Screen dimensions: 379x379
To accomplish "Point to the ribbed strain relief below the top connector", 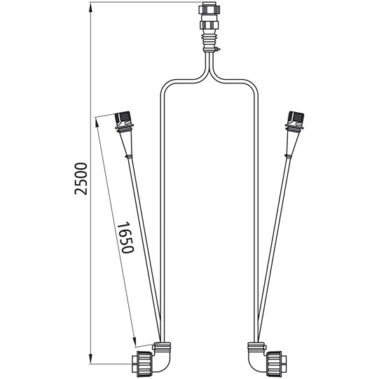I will (209, 44).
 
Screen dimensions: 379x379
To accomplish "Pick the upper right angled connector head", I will (292, 120).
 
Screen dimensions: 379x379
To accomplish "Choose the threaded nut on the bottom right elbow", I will (275, 364).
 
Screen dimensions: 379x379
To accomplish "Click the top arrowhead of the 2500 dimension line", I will (91, 6).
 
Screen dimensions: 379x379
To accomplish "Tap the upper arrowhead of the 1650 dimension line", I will (97, 121).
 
